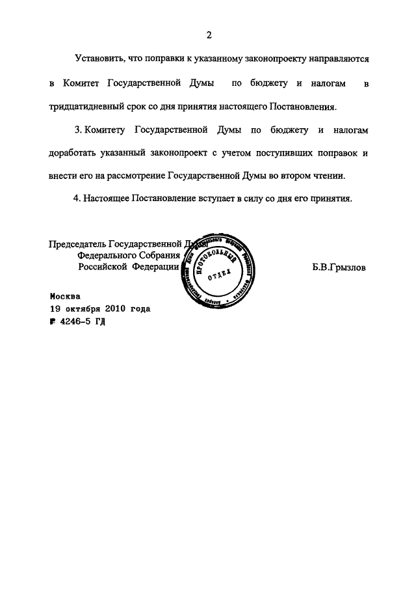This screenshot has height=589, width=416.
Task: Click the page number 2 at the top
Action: coord(209,34)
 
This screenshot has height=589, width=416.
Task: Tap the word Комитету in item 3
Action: coord(107,130)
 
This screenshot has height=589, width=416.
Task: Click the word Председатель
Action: coord(77,245)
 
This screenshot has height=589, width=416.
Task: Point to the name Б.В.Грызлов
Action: coord(339,267)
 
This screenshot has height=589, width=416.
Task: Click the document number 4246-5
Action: coord(78,322)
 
